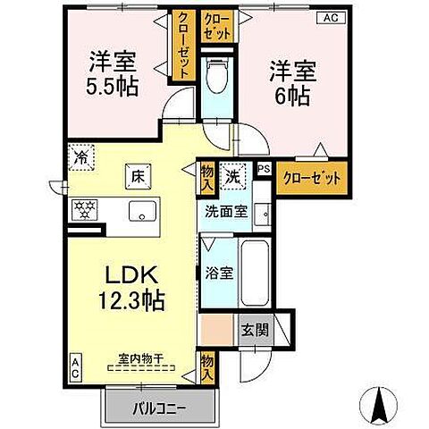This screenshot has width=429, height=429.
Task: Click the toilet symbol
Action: (214, 80)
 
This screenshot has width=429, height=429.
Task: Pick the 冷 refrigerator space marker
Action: (81, 155)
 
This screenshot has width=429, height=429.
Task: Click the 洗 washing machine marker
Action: (232, 176)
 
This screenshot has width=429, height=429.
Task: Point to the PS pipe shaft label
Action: (263, 167)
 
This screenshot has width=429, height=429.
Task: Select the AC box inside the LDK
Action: (75, 366)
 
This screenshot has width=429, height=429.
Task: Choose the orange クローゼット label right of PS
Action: (312, 178)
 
